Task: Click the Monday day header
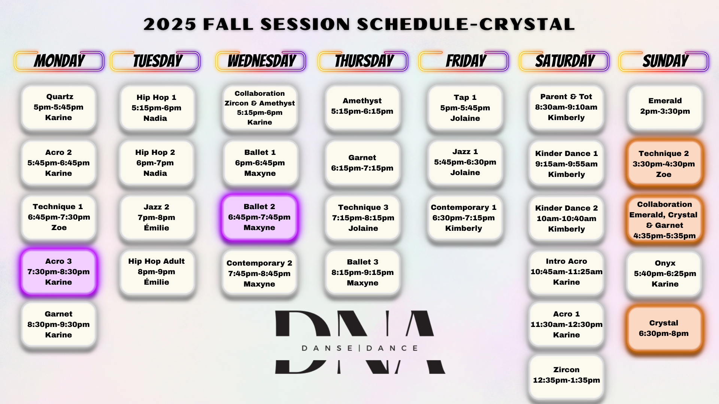point(59,61)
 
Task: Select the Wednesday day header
point(261,61)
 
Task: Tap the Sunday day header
point(664,61)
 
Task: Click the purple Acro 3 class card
point(59,272)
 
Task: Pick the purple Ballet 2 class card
point(260,217)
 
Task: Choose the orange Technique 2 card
point(664,163)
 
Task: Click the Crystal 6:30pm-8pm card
point(664,328)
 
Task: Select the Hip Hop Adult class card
point(157,272)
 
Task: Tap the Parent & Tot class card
point(566,107)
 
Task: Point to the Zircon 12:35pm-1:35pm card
point(566,375)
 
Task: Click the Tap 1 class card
point(465,108)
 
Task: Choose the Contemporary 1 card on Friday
point(464,218)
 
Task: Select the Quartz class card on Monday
point(59,107)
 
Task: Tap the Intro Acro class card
point(566,272)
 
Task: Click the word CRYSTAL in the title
point(527,24)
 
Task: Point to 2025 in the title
point(170,24)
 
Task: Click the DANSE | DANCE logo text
point(360,348)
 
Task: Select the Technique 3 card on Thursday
point(363,218)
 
